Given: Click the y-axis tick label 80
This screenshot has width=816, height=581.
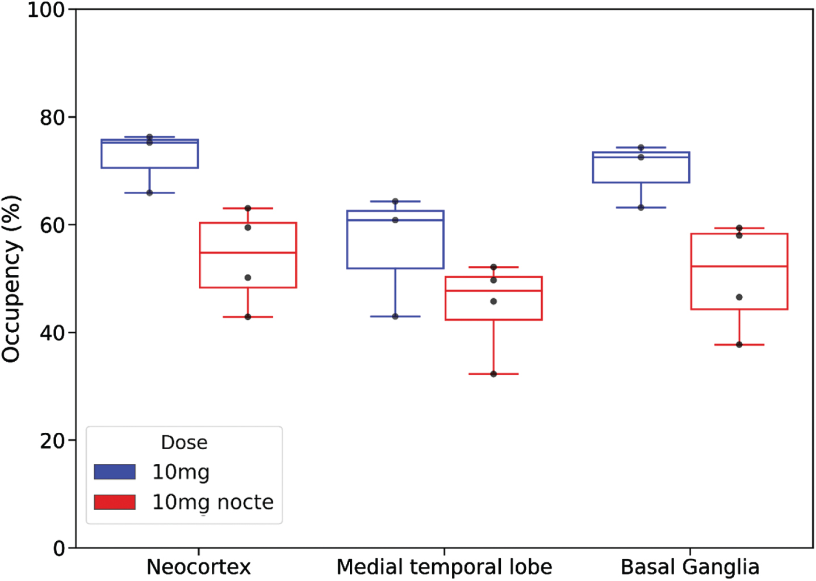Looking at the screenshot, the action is pos(52,118).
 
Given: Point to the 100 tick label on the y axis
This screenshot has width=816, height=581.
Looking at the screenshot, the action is pos(46,10).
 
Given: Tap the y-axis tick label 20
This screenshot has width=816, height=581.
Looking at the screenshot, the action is pos(52,441).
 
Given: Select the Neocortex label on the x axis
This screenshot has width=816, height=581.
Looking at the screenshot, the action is pos(199,567).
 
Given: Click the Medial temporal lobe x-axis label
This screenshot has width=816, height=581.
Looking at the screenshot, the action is pos(444,567).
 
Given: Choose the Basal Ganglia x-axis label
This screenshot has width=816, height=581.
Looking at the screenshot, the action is pos(690,567).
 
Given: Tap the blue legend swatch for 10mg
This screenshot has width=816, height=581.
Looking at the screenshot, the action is pos(115,471).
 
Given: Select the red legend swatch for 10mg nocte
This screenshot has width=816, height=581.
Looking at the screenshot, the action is pos(115,501).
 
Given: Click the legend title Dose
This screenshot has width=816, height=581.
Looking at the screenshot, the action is pos(185,442).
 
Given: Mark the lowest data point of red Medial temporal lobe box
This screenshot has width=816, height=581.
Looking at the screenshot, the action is pos(493,374).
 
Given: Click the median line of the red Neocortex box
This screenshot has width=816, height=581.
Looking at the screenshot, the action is pos(248,252).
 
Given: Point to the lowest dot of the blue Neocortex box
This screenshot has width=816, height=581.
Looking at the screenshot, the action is pos(149,193).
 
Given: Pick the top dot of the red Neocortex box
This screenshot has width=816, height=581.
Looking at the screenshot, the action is pos(248,208).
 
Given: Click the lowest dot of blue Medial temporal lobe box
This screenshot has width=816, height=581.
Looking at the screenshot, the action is pos(395,316).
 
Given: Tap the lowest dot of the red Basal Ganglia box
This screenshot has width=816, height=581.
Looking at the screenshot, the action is pos(739,344).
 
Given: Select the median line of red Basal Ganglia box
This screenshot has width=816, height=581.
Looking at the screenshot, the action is pos(739,266).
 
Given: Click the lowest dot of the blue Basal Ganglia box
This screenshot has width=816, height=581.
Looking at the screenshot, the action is pos(641,207).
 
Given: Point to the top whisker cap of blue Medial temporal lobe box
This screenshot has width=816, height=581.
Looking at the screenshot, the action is pos(395,201).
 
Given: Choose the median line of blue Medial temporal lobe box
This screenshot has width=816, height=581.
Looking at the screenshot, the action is pos(395,220).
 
